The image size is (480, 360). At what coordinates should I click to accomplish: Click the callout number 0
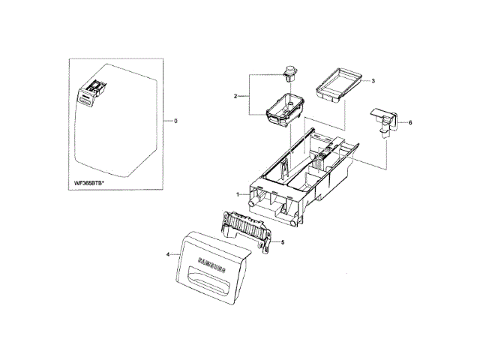[175, 121]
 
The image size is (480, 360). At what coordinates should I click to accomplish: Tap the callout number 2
[235, 96]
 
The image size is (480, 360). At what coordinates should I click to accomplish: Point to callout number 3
[373, 80]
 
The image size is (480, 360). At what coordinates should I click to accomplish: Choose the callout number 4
[167, 255]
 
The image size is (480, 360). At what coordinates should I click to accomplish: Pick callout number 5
[283, 242]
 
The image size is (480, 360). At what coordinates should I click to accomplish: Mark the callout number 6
[410, 122]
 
